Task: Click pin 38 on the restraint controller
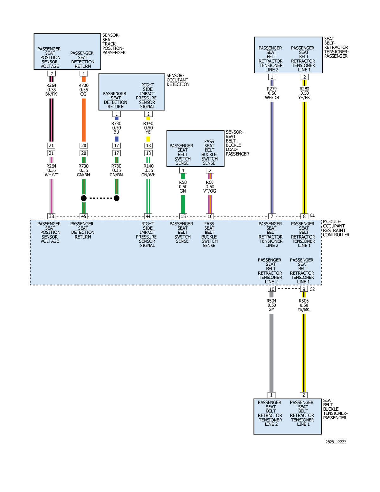click(x=51, y=216)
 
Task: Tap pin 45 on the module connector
click(x=84, y=216)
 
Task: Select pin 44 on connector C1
click(x=148, y=216)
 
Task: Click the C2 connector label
click(x=312, y=289)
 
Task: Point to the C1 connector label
click(x=312, y=215)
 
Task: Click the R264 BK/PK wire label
click(x=51, y=90)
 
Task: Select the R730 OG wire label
click(x=84, y=90)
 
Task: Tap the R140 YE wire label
click(x=148, y=128)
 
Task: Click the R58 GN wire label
click(x=183, y=187)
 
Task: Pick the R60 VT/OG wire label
click(x=210, y=187)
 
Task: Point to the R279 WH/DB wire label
click(x=272, y=93)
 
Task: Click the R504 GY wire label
click(x=272, y=305)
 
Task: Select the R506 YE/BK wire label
click(x=304, y=305)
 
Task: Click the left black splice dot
click(x=84, y=198)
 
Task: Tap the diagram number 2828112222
click(x=336, y=442)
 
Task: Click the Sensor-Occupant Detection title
click(x=178, y=80)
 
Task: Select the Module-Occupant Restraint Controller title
click(x=336, y=228)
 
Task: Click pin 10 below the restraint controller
click(x=272, y=289)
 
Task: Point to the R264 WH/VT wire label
click(x=51, y=170)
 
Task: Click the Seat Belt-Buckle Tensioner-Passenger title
click(x=335, y=409)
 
